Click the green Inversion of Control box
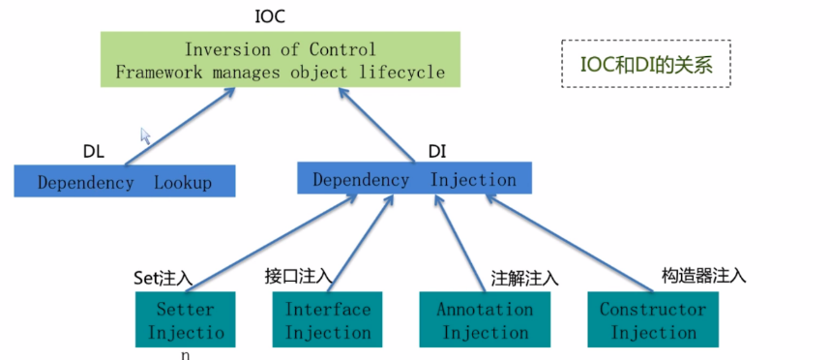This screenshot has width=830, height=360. point(279,60)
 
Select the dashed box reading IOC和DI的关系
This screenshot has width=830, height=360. point(646,64)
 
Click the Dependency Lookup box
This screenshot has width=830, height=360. point(125,182)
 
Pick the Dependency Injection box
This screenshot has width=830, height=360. point(414,179)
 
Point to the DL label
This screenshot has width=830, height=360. point(93,152)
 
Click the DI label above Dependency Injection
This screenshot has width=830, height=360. point(436,151)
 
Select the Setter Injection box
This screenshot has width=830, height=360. point(185,321)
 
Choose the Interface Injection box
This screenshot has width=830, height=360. point(328,320)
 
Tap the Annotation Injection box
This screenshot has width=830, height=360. point(484,320)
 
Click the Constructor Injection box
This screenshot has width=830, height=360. point(653,320)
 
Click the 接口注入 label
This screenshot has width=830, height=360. point(298,276)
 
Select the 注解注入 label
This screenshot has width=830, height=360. point(525,278)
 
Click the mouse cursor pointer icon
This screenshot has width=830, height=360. point(146,135)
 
